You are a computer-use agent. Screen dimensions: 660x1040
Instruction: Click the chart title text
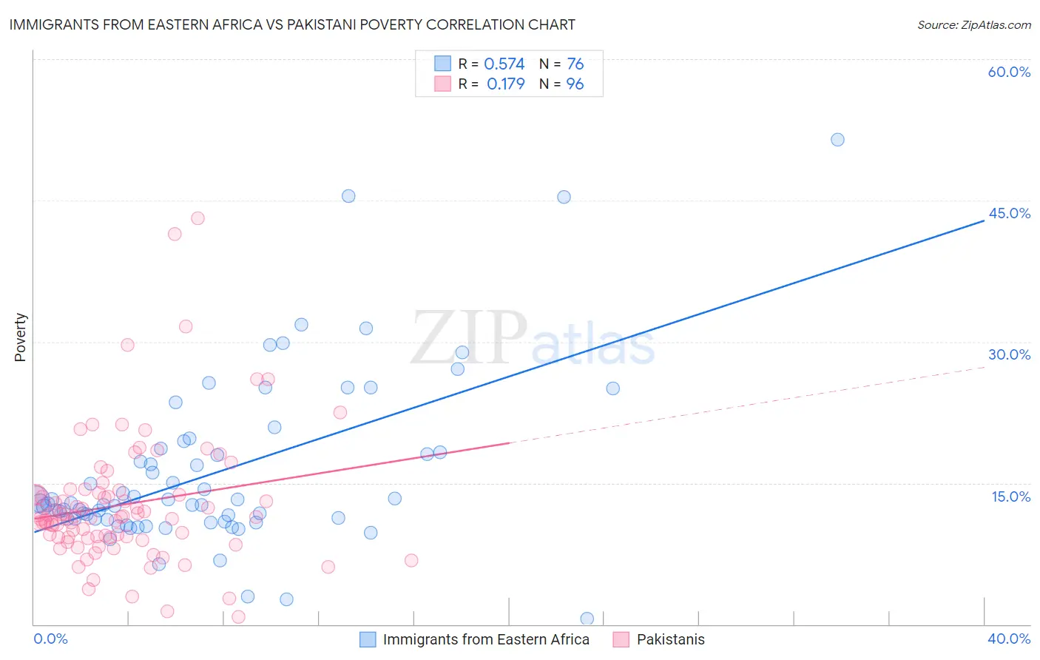(x=292, y=24)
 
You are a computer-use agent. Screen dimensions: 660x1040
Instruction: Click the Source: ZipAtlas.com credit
(x=973, y=24)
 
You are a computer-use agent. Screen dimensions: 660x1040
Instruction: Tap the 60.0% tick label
(x=1009, y=72)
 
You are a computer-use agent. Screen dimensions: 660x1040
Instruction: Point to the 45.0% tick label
(x=1009, y=213)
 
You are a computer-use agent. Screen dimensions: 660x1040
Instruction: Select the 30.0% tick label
(x=1009, y=354)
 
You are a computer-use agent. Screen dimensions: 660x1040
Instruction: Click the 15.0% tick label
(x=1010, y=496)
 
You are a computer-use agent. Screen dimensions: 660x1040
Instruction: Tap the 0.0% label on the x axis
(x=50, y=639)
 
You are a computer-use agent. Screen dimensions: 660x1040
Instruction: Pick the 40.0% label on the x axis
(x=1008, y=639)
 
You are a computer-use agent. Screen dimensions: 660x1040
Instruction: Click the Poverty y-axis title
(x=20, y=337)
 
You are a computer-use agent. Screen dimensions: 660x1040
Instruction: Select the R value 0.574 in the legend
(x=504, y=64)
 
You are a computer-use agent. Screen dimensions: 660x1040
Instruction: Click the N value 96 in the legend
(x=575, y=84)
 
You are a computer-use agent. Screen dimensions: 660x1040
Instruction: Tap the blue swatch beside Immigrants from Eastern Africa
(x=368, y=639)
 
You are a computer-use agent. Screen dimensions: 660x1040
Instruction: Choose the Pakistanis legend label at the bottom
(x=670, y=639)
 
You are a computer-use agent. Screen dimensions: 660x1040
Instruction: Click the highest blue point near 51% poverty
(x=837, y=140)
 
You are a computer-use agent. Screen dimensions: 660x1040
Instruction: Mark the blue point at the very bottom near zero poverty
(x=587, y=619)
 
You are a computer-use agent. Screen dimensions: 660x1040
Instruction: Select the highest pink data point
(x=197, y=218)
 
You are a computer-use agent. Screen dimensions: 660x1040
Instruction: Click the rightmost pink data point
(x=411, y=560)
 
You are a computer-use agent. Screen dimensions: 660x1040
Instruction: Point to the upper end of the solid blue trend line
(x=984, y=220)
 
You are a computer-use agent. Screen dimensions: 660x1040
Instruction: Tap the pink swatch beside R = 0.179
(x=442, y=84)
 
